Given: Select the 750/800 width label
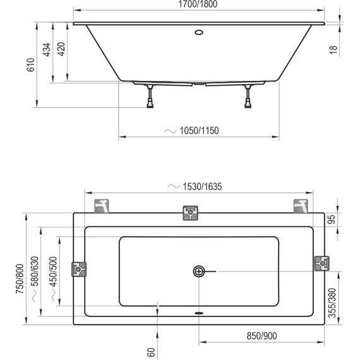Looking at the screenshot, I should tap(19, 277).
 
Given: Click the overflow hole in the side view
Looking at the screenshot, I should tap(200, 32).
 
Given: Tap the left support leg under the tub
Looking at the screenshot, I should tap(150, 97).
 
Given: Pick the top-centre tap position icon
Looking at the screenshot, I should tap(190, 212).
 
